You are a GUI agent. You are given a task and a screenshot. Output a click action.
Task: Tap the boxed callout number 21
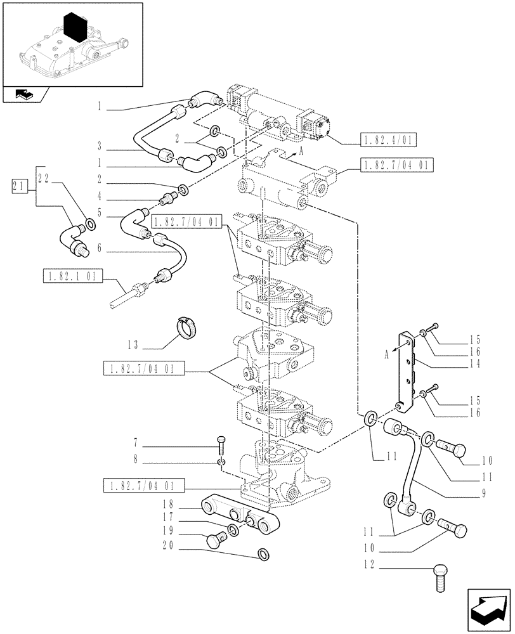[x=20, y=186]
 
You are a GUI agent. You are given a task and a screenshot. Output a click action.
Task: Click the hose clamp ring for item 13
[x=187, y=328]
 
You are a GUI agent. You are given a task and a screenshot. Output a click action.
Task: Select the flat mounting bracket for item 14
[x=406, y=372]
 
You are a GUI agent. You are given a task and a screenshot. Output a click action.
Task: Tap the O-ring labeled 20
[x=262, y=555]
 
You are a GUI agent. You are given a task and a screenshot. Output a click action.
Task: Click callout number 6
[x=100, y=250]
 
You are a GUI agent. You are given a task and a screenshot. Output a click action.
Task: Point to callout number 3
[x=100, y=145]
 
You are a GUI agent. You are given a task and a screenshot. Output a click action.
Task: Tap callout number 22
[x=43, y=179]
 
